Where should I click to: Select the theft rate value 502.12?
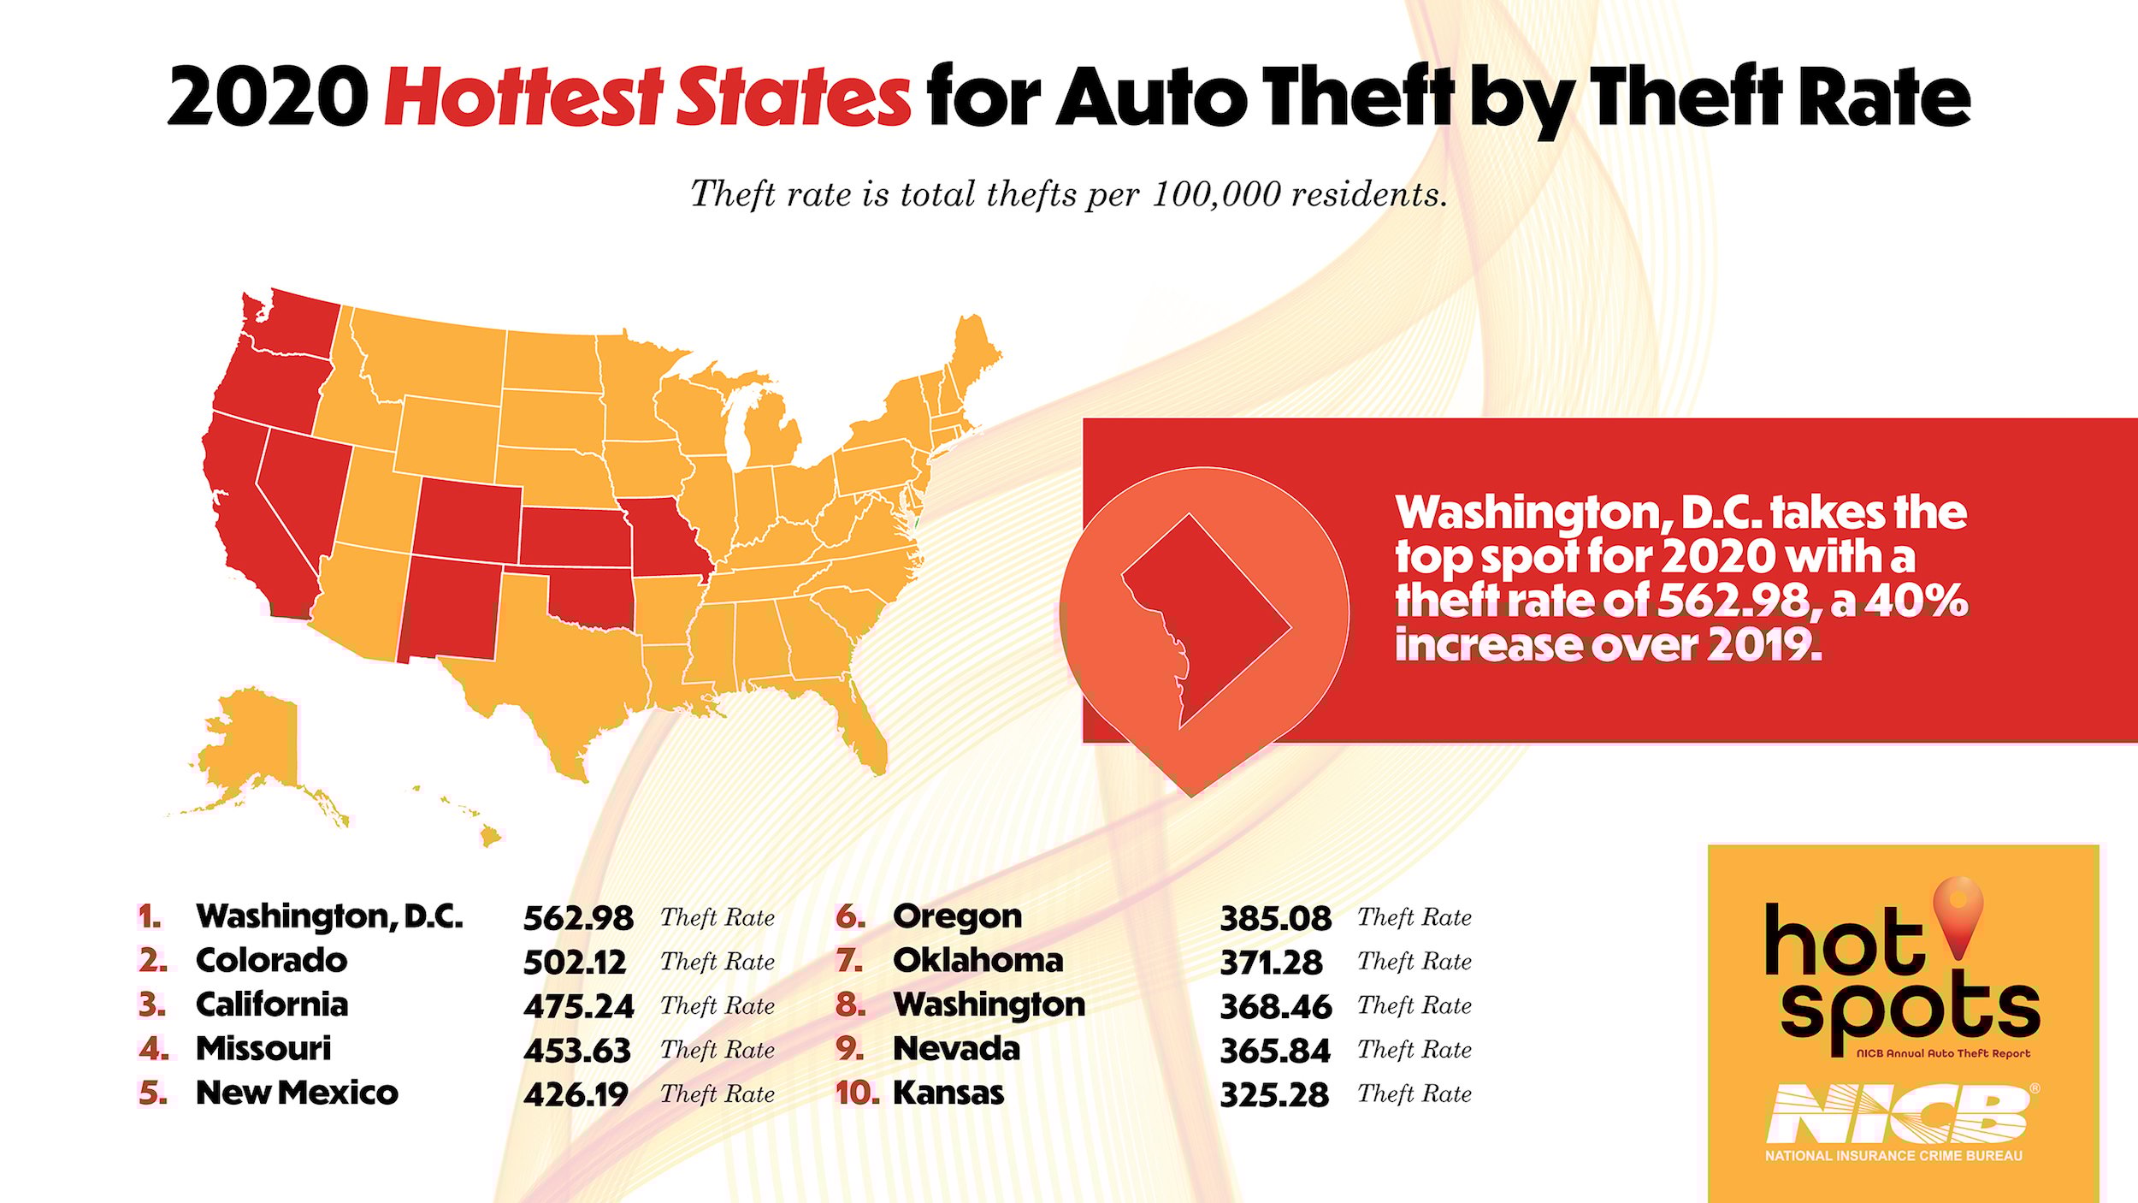(x=575, y=963)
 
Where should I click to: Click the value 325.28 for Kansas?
(x=1274, y=1095)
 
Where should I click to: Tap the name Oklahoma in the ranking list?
(x=977, y=961)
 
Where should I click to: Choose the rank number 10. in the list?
(x=857, y=1093)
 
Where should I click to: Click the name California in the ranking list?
(x=272, y=1004)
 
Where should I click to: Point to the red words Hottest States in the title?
(x=647, y=97)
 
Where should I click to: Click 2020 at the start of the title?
(x=268, y=97)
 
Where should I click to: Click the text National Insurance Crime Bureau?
(x=1893, y=1156)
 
